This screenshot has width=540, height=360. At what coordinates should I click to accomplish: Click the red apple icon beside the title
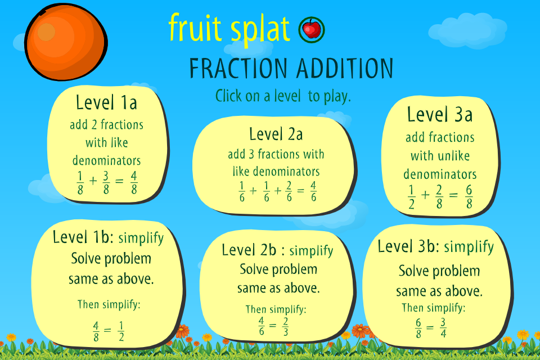[312, 30]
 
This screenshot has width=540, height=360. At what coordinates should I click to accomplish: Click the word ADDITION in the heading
[345, 68]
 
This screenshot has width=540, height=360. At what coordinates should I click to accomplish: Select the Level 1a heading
[106, 103]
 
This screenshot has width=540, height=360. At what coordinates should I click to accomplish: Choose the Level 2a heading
[276, 134]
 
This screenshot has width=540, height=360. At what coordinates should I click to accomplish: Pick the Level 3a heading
[440, 114]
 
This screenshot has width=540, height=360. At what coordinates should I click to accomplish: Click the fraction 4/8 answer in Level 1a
[134, 183]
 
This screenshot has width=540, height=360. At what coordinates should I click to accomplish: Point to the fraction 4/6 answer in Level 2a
[313, 192]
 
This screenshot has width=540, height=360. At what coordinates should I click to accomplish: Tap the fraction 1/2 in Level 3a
[411, 197]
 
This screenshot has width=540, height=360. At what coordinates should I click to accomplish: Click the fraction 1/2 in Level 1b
[121, 331]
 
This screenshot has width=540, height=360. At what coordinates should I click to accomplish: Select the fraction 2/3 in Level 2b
[286, 327]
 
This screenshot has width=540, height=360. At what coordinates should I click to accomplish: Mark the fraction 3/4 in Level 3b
[443, 327]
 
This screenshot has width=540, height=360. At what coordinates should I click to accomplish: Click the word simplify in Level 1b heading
[141, 238]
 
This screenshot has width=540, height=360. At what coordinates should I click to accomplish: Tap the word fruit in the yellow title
[195, 27]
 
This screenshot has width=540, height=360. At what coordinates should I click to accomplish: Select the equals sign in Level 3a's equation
[453, 195]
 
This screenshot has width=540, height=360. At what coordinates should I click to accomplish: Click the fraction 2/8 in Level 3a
[439, 197]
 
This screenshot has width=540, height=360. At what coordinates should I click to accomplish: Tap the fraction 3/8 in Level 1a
[106, 183]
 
